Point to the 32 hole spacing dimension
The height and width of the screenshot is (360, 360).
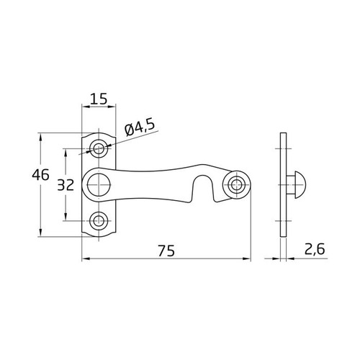click(66, 184)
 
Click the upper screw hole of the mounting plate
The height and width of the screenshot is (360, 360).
click(99, 149)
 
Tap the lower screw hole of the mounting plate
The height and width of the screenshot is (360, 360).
click(99, 220)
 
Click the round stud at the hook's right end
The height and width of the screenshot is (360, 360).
click(235, 184)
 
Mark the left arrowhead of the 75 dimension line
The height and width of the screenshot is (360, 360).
click(85, 258)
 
